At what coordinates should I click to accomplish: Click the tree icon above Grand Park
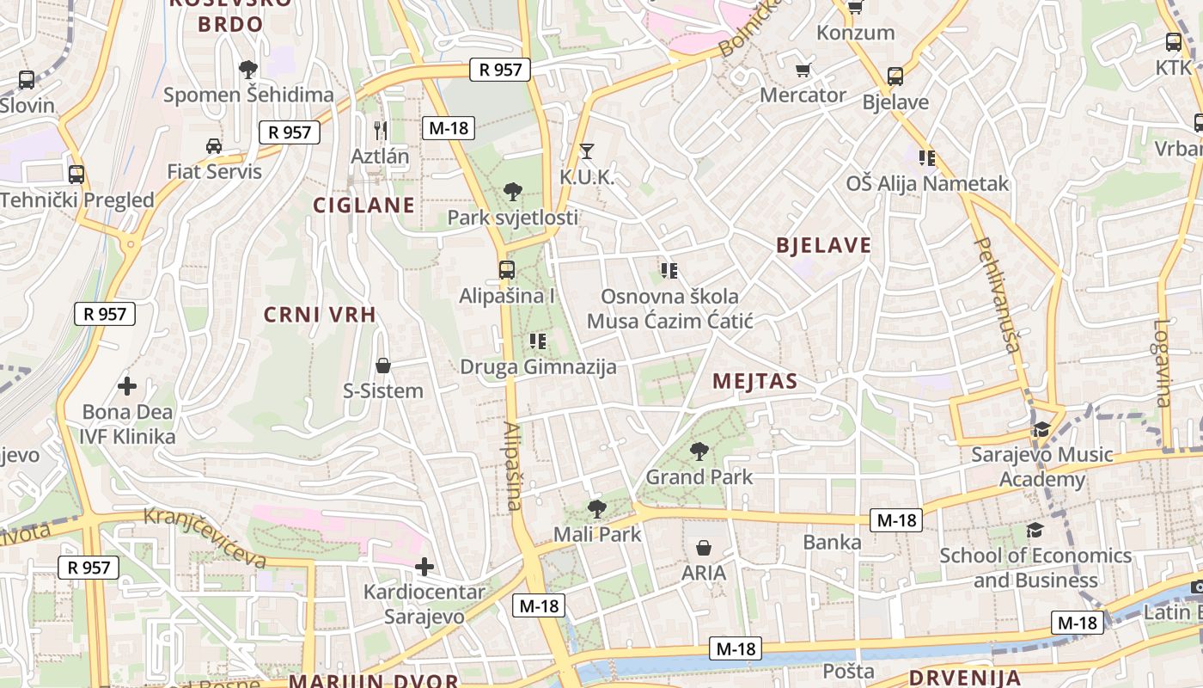pyautogui.click(x=699, y=451)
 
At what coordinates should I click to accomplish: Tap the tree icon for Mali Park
pyautogui.click(x=596, y=508)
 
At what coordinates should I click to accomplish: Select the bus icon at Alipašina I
pyautogui.click(x=507, y=269)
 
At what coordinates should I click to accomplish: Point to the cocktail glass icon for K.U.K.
pyautogui.click(x=587, y=151)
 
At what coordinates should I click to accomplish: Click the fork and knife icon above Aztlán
pyautogui.click(x=381, y=131)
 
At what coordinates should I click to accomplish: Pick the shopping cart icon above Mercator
pyautogui.click(x=803, y=70)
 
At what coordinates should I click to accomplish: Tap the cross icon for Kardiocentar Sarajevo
pyautogui.click(x=424, y=566)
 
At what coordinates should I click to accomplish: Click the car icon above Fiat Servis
pyautogui.click(x=214, y=145)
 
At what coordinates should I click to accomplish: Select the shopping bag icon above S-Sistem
pyautogui.click(x=383, y=365)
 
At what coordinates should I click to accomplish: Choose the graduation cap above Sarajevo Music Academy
pyautogui.click(x=1041, y=428)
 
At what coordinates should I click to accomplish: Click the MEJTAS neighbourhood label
pyautogui.click(x=754, y=381)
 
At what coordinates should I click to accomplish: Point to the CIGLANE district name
pyautogui.click(x=363, y=205)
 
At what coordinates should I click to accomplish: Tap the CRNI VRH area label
pyautogui.click(x=320, y=315)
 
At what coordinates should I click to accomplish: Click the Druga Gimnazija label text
pyautogui.click(x=538, y=367)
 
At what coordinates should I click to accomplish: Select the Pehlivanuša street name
pyautogui.click(x=998, y=295)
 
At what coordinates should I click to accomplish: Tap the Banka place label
pyautogui.click(x=832, y=542)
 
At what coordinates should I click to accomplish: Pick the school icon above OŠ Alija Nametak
pyautogui.click(x=926, y=157)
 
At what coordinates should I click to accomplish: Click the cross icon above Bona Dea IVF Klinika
pyautogui.click(x=127, y=386)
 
